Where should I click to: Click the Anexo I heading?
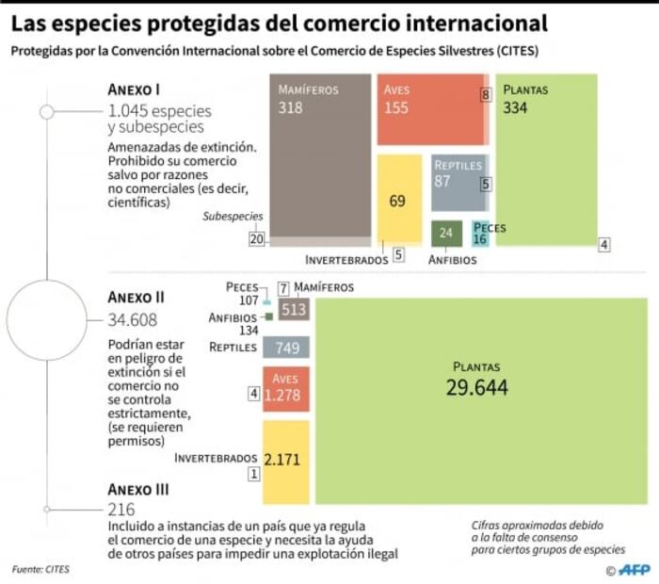point(134,89)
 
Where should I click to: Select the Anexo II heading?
point(137,298)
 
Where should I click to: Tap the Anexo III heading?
point(138,490)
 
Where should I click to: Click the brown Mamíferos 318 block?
point(321,155)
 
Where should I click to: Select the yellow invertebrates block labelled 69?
point(398,200)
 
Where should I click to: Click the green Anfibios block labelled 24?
point(446,233)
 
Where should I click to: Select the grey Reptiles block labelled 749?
point(286,349)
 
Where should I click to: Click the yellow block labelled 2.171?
point(286,462)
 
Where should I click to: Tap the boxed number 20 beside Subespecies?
point(256,239)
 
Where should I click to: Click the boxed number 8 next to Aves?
point(486,95)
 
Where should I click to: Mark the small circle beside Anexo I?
point(46,112)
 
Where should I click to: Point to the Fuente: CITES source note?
point(40,569)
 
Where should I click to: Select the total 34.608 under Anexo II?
point(132,319)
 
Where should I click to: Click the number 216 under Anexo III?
point(121,509)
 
